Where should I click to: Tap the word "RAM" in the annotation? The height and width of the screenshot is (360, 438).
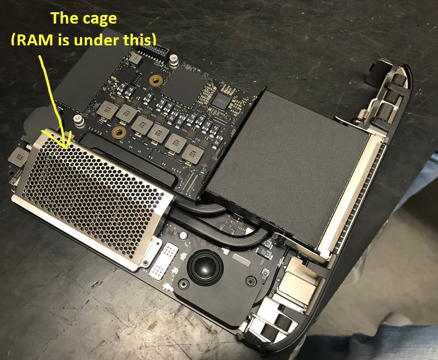34,40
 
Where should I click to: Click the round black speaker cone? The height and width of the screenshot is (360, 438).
205,267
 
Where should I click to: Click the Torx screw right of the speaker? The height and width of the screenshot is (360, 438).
251,281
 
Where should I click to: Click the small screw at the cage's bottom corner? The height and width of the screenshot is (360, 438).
146,263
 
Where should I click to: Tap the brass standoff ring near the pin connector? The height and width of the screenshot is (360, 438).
156,81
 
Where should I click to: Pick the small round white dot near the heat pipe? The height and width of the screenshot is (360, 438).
183,235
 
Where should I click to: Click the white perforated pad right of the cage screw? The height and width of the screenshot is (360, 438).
165,261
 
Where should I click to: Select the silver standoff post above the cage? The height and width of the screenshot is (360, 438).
79,122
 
